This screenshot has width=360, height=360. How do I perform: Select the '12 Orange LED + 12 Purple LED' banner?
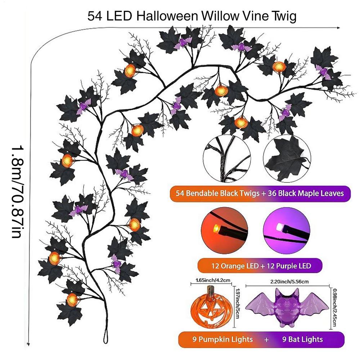(x=259, y=266)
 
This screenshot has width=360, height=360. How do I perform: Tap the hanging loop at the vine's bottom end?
(x=105, y=336)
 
